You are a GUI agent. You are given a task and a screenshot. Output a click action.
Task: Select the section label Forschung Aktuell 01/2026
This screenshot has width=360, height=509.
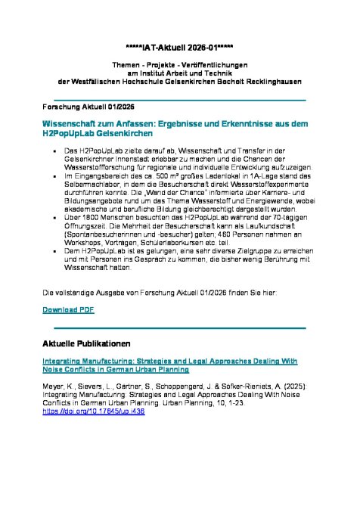pos(78,108)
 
